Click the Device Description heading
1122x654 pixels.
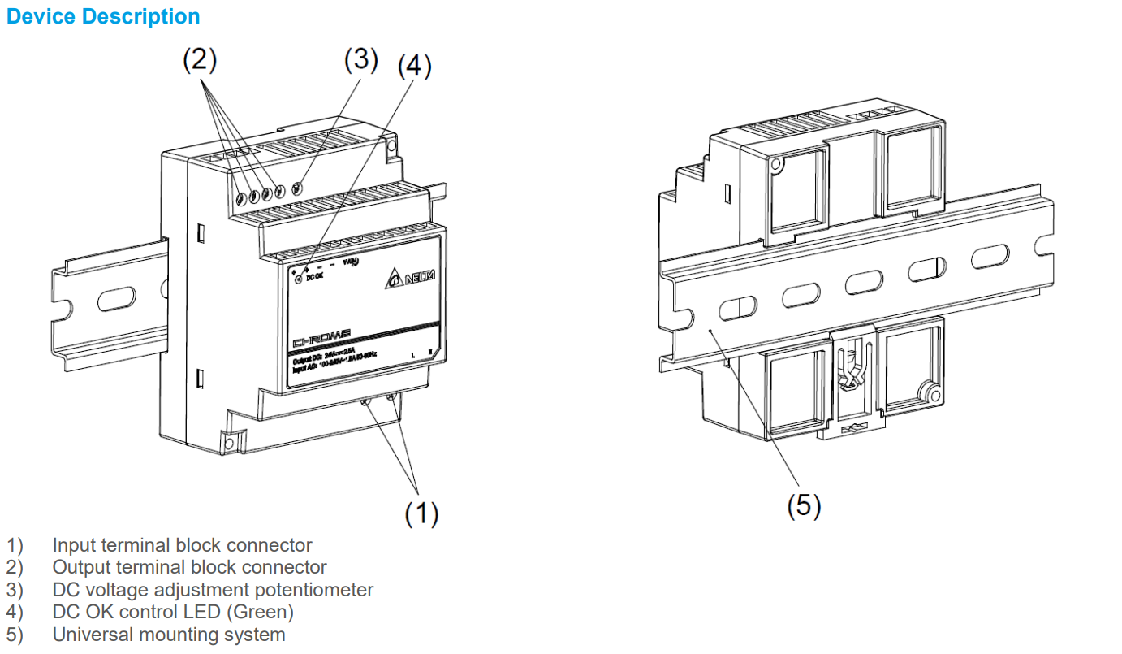pyautogui.click(x=103, y=16)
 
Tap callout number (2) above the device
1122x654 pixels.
pyautogui.click(x=199, y=59)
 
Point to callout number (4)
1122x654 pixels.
pyautogui.click(x=414, y=67)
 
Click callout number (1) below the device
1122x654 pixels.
pyautogui.click(x=421, y=513)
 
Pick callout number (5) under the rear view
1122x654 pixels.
pyautogui.click(x=804, y=505)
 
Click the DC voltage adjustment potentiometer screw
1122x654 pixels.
pyautogui.click(x=297, y=188)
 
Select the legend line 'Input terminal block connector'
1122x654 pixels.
pyautogui.click(x=182, y=545)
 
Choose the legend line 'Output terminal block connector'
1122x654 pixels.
pyautogui.click(x=189, y=567)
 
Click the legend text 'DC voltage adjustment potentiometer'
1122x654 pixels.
pyautogui.click(x=213, y=590)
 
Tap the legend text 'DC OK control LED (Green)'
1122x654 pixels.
pyautogui.click(x=173, y=612)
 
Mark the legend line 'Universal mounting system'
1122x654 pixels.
pyautogui.click(x=169, y=635)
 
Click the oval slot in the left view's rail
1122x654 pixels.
pyautogui.click(x=117, y=299)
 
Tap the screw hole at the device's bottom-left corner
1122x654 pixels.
pyautogui.click(x=230, y=443)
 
